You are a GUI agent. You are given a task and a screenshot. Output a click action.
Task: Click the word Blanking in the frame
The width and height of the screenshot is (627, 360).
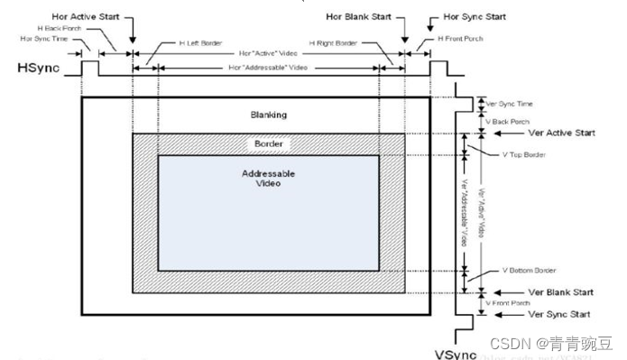pos(268,115)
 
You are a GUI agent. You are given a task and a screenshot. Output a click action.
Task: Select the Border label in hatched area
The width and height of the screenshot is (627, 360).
pos(268,144)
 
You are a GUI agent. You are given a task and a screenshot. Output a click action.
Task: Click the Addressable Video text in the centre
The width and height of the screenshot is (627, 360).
pos(268,179)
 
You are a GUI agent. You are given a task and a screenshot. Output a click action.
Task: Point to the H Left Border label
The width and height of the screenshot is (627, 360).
pos(179,44)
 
